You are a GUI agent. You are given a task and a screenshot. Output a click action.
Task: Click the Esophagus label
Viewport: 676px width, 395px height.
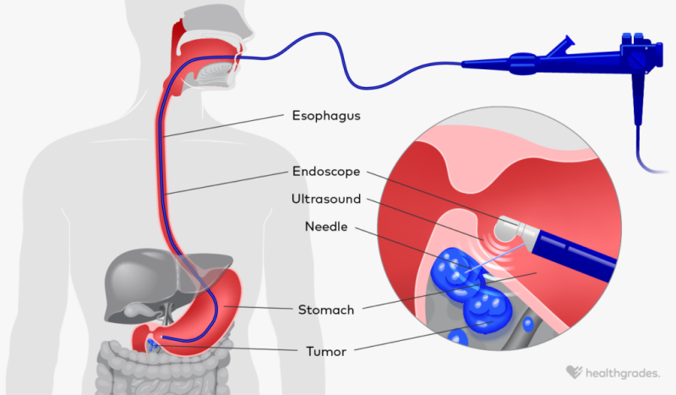(326, 116)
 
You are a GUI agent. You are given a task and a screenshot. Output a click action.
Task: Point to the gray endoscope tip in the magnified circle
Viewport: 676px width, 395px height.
(510, 228)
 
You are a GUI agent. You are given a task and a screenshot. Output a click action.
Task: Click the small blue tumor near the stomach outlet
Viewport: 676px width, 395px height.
(155, 343)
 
